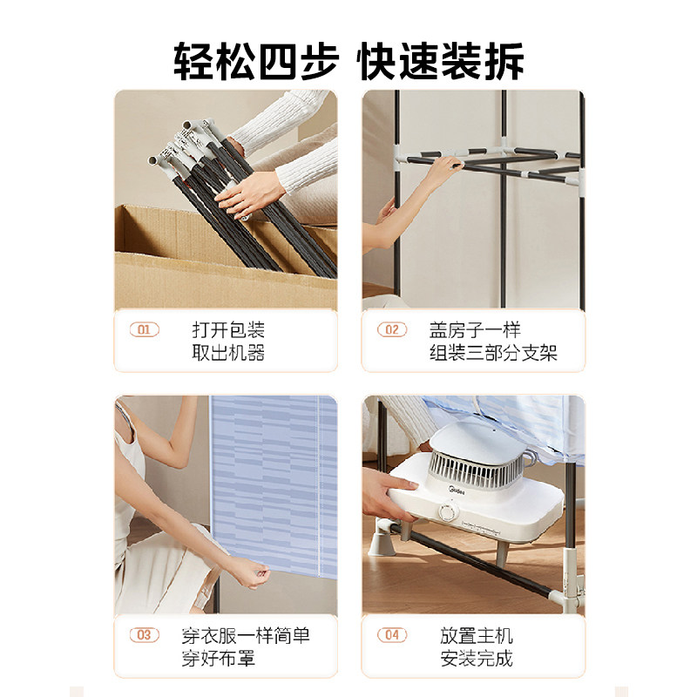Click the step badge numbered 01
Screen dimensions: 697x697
click(x=145, y=330)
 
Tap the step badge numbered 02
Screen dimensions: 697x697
click(x=392, y=330)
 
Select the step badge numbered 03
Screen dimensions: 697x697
click(x=145, y=635)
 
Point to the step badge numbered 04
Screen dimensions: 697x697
click(x=392, y=635)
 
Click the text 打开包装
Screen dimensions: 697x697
click(x=228, y=330)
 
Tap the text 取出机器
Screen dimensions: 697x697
click(x=228, y=353)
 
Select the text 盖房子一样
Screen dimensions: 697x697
click(x=475, y=330)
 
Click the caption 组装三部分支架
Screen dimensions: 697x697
click(x=493, y=353)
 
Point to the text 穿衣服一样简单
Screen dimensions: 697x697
click(x=247, y=635)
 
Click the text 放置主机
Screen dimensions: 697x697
click(x=477, y=635)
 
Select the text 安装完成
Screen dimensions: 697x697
click(x=477, y=658)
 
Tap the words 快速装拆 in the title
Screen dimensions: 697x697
click(x=442, y=60)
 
